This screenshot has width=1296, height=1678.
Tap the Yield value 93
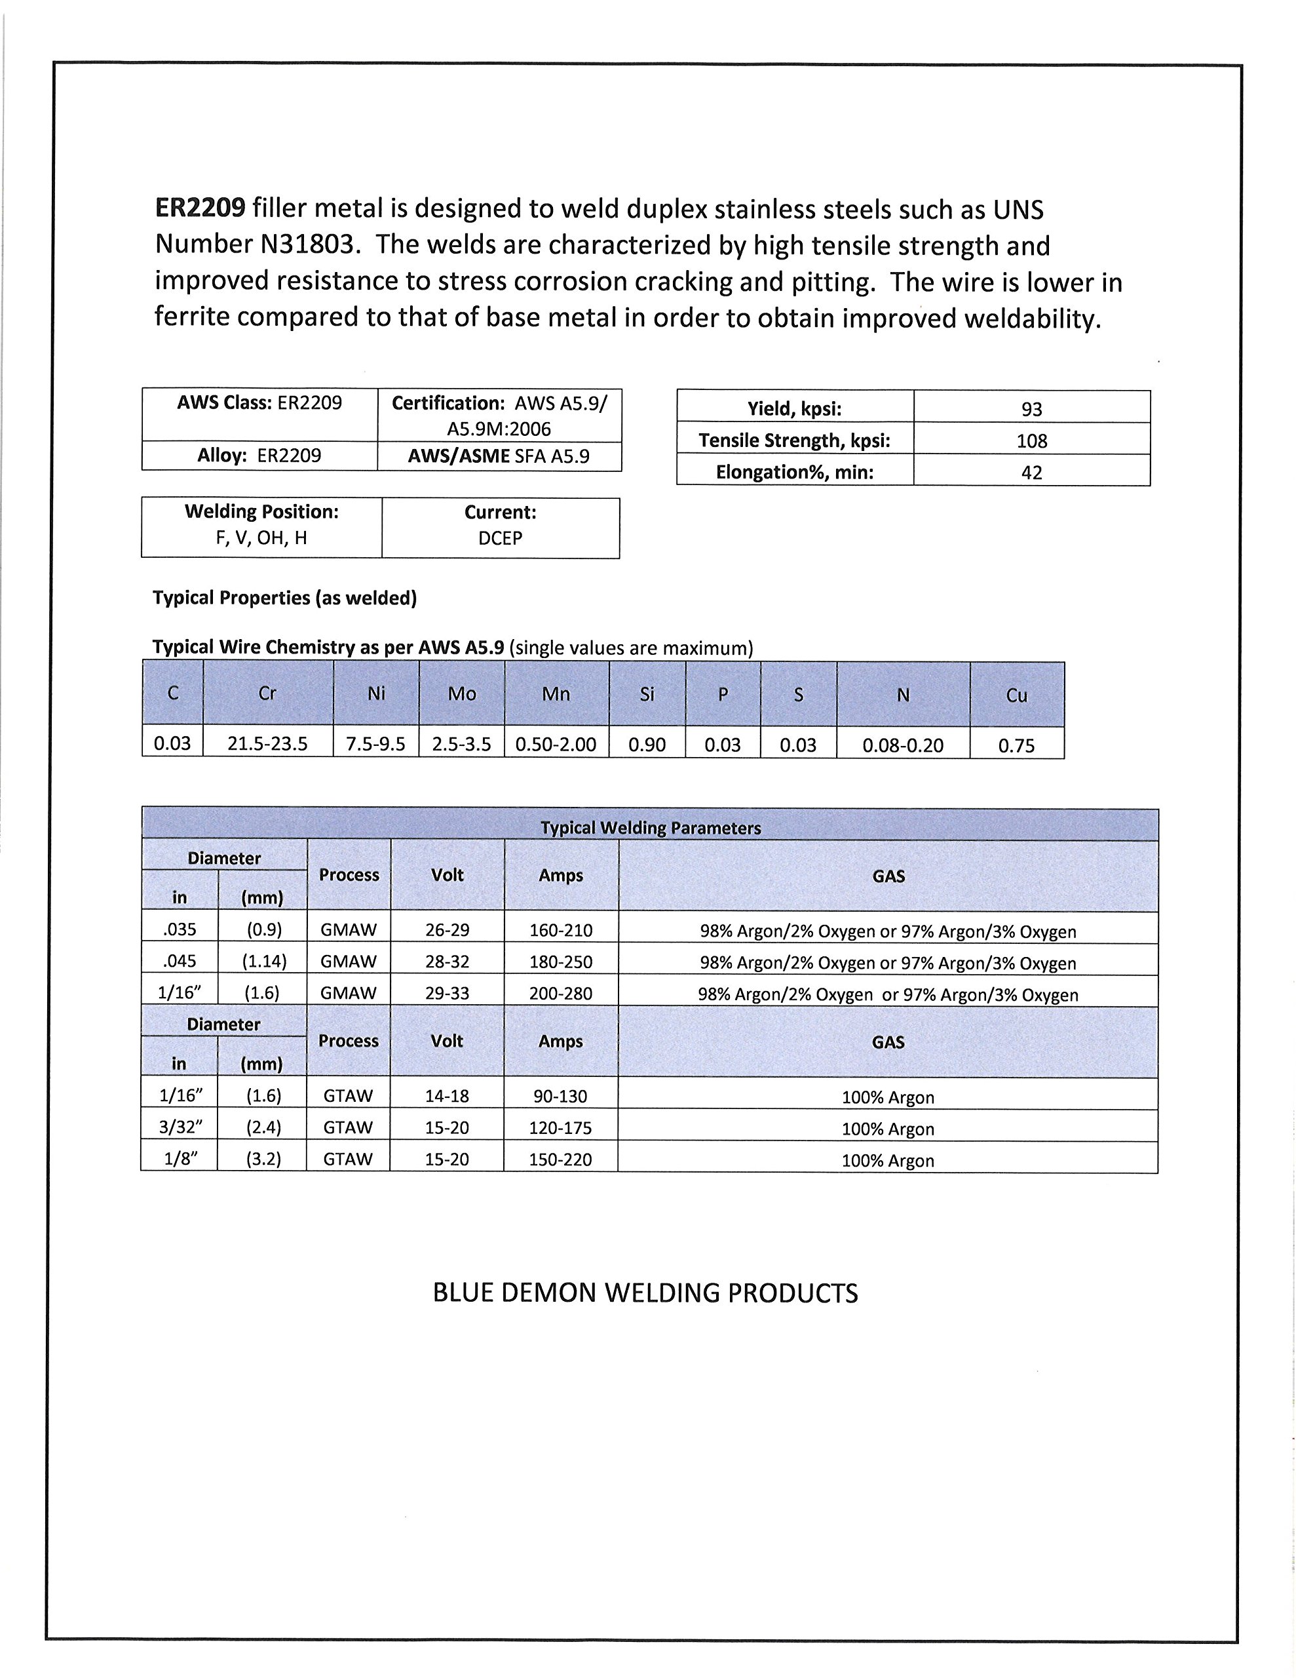pyautogui.click(x=1031, y=409)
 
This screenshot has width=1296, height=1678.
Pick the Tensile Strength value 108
pyautogui.click(x=1031, y=441)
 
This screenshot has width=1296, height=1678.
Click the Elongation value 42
pyautogui.click(x=1031, y=473)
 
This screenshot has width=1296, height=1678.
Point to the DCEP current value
pyautogui.click(x=500, y=539)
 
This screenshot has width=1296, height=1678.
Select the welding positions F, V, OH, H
pyautogui.click(x=261, y=538)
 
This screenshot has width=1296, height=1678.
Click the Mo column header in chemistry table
pyautogui.click(x=462, y=693)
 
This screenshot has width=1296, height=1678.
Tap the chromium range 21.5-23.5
pyautogui.click(x=267, y=744)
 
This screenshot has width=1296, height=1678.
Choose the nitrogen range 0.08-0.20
pyautogui.click(x=903, y=745)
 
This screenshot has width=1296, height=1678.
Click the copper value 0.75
pyautogui.click(x=1016, y=745)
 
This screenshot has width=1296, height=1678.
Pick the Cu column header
pyautogui.click(x=1016, y=695)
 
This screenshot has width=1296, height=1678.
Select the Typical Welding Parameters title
pyautogui.click(x=650, y=827)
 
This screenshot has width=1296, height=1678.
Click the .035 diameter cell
pyautogui.click(x=180, y=929)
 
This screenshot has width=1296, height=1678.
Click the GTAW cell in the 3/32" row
pyautogui.click(x=348, y=1127)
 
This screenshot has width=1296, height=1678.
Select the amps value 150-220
pyautogui.click(x=560, y=1160)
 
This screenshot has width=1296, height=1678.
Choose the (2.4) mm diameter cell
pyautogui.click(x=263, y=1127)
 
